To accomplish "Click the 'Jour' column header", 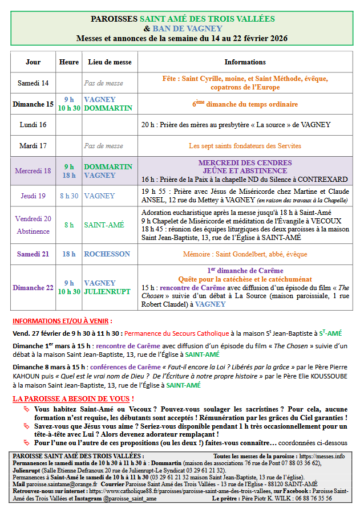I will pos(33,62).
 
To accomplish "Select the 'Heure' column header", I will pos(68,62).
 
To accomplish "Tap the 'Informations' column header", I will pos(245,62).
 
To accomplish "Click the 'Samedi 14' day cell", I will pos(33,83).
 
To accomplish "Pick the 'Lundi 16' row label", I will pos(33,124).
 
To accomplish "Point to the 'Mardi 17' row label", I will pos(33,146).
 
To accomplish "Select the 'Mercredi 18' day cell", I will pos(33,171).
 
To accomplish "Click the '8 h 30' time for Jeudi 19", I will pos(69,196).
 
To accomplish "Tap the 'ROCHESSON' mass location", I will pos(107,254).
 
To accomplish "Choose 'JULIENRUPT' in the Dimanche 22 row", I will pos(108,292).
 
